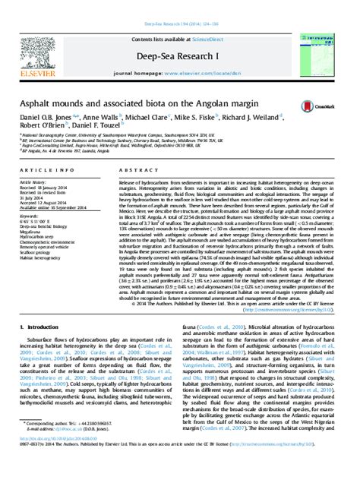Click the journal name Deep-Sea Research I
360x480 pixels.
click(180, 34)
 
